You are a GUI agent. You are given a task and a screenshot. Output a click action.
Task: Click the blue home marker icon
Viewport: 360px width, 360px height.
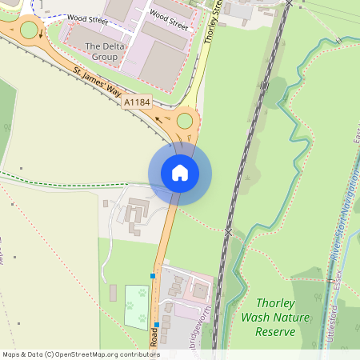point(180,173)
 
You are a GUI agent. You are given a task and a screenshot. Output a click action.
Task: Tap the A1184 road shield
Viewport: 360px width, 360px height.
point(135,102)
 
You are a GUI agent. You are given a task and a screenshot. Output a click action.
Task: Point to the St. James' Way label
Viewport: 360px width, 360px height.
point(100,84)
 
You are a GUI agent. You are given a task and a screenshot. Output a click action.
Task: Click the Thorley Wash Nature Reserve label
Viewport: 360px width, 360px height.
point(268,317)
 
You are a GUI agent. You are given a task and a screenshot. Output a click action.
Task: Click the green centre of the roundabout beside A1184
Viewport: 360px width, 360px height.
point(186,121)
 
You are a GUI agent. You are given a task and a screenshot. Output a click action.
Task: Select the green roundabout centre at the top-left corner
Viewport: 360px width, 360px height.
point(30,31)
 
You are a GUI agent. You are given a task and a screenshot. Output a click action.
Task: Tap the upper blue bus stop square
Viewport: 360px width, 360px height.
point(153,276)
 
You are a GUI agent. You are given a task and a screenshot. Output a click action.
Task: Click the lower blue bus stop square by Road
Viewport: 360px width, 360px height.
point(157,326)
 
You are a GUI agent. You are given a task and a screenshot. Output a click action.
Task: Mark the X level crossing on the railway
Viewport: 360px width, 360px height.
point(228,232)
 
